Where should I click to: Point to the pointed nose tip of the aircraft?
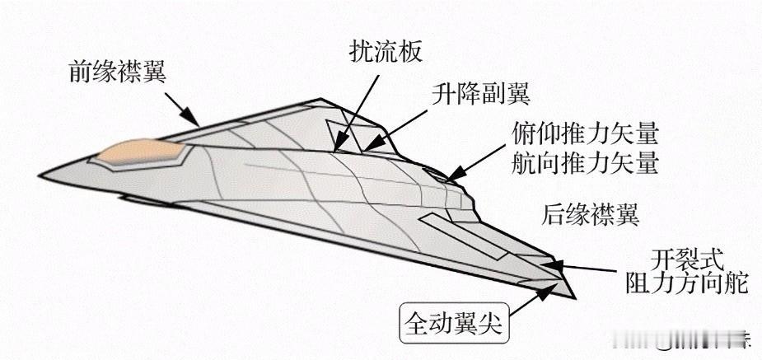pos(41,176)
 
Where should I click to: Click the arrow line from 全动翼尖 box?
pos(527,298)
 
